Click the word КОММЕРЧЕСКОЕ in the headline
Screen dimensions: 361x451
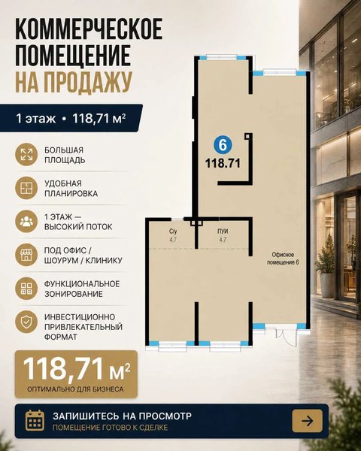89,29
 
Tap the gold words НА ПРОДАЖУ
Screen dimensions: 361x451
74,82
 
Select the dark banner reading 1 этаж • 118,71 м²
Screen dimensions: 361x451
71,118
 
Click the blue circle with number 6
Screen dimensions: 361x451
223,145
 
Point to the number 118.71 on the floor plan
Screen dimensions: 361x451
223,163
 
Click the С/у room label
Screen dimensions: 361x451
173,232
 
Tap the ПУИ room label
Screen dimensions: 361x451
223,232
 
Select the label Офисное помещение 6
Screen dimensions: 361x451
283,259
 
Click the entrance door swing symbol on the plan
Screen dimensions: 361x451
286,337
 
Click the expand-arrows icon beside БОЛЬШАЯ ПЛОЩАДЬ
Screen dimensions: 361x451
26,155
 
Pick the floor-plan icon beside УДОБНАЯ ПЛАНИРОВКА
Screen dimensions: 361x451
26,188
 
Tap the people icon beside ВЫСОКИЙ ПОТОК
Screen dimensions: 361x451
26,222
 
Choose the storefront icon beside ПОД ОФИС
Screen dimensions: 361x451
26,255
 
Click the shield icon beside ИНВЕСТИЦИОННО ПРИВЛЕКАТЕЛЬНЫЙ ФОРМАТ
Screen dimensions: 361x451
26,322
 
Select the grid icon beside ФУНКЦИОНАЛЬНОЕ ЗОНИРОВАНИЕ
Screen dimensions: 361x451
26,289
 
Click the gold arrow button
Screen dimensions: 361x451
307,421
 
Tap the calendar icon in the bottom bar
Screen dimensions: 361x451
35,420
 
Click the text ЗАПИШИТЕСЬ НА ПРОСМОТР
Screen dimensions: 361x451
123,416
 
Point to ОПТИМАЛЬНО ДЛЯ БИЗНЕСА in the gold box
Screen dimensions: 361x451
75,389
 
